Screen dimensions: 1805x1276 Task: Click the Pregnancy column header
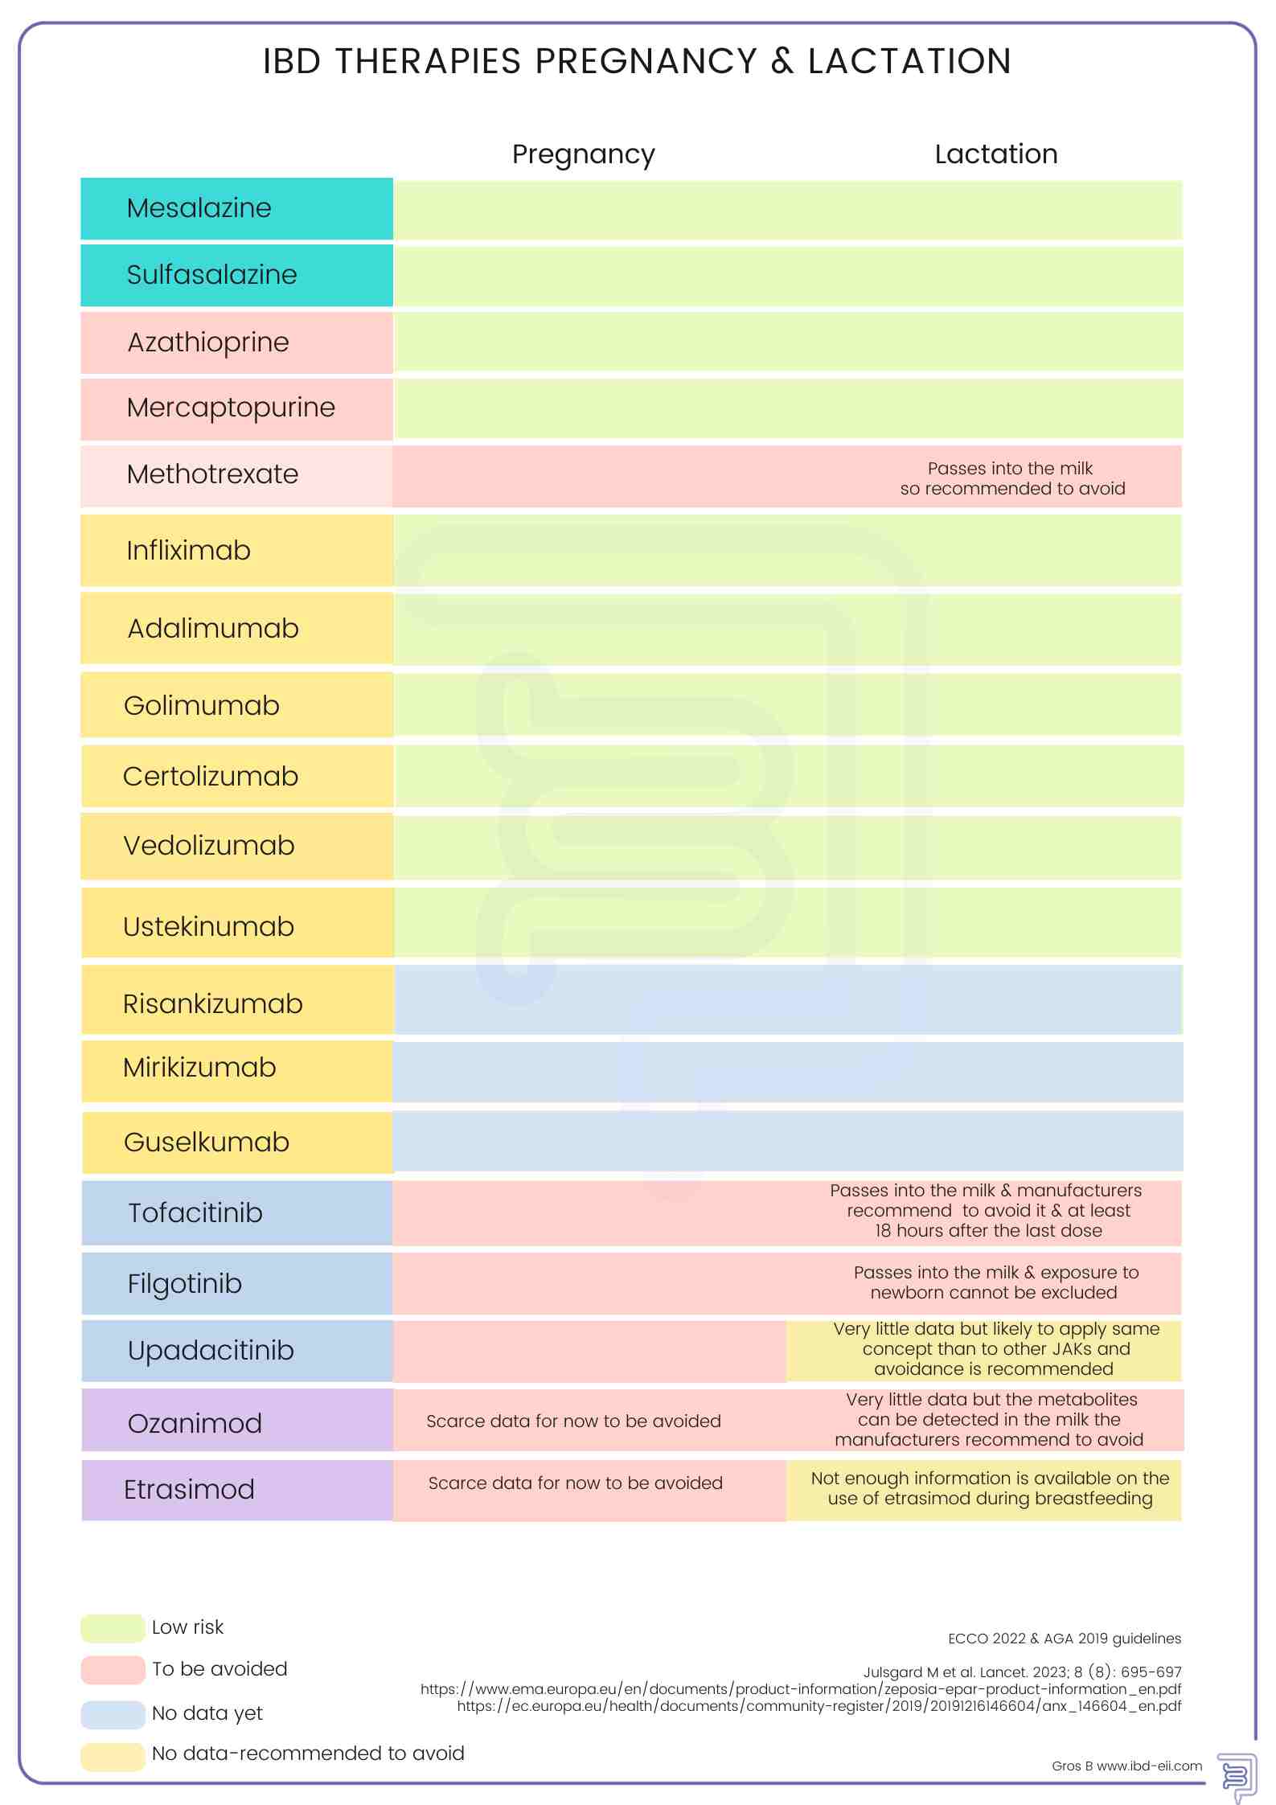pos(583,154)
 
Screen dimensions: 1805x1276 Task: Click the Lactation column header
pos(995,154)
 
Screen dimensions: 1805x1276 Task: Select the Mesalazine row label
pos(199,208)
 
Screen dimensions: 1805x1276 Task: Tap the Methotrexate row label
pos(212,474)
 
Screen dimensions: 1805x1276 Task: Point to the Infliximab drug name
pos(188,551)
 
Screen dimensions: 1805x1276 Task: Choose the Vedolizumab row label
pos(208,846)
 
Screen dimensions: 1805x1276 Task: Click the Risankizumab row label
pos(212,1004)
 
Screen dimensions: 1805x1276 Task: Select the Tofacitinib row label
pos(195,1213)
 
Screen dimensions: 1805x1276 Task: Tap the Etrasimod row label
pos(189,1490)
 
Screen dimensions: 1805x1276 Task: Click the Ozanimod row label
pos(195,1424)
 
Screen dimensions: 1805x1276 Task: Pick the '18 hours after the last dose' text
pos(988,1231)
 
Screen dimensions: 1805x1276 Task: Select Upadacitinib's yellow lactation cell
pos(984,1350)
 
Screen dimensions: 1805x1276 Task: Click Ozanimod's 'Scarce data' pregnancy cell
pos(573,1421)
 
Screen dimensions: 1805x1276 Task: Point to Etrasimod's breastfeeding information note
pos(990,1488)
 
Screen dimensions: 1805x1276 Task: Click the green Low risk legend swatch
pos(113,1628)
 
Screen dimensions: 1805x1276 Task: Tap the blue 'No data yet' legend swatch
pos(113,1714)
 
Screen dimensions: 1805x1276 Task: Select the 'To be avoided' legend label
pos(219,1669)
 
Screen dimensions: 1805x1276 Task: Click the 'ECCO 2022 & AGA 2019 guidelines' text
pos(1064,1639)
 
